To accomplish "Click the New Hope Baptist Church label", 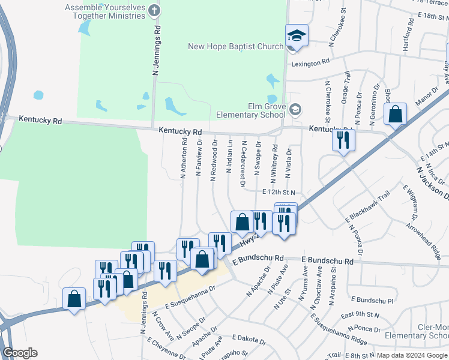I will pyautogui.click(x=235, y=47).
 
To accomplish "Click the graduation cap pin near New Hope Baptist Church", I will pyautogui.click(x=297, y=36).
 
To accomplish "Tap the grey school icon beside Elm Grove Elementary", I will pyautogui.click(x=295, y=109).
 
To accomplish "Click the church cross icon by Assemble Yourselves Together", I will pyautogui.click(x=155, y=10).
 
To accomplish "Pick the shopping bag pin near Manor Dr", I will pyautogui.click(x=396, y=114).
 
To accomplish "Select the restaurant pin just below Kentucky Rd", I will pyautogui.click(x=344, y=140).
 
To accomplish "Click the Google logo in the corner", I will pyautogui.click(x=20, y=353).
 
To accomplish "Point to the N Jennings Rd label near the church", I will pyautogui.click(x=157, y=50).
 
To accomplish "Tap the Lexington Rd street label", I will pyautogui.click(x=310, y=62).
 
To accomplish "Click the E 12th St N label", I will pyautogui.click(x=280, y=192).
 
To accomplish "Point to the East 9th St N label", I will pyautogui.click(x=360, y=314).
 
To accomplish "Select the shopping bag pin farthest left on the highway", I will pyautogui.click(x=74, y=298).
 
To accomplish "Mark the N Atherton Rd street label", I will pyautogui.click(x=184, y=158).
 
